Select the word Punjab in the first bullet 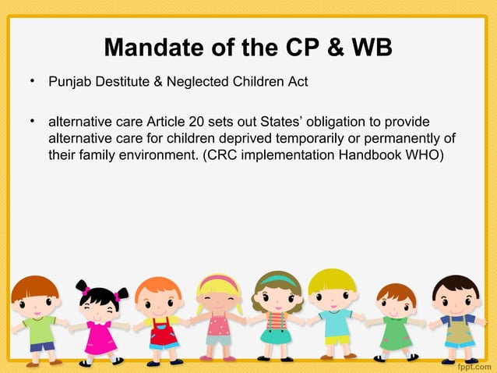pyautogui.click(x=68, y=81)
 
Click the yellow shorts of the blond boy pyautogui.click(x=337, y=341)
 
